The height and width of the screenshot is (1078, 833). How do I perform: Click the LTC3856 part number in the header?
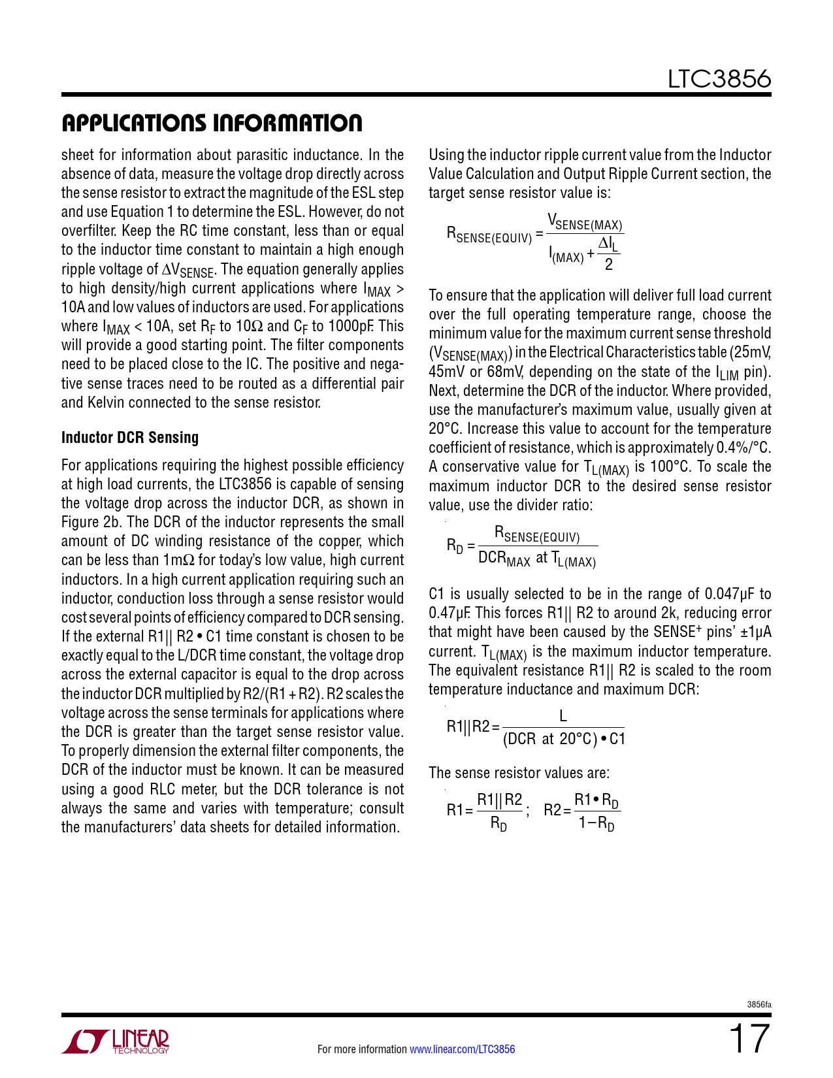(719, 79)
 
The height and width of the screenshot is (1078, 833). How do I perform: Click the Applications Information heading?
(212, 123)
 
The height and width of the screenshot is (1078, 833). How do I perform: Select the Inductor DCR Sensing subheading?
(130, 438)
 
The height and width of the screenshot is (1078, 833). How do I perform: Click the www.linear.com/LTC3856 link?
(462, 1049)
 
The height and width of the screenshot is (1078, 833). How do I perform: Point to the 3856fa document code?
(759, 1004)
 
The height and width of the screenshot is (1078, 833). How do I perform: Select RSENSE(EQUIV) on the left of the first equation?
(489, 235)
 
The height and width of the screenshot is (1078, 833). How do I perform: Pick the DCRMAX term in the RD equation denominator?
(504, 559)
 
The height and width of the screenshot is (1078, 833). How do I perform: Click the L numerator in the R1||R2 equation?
(563, 717)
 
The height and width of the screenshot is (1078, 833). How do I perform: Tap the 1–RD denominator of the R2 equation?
(596, 823)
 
